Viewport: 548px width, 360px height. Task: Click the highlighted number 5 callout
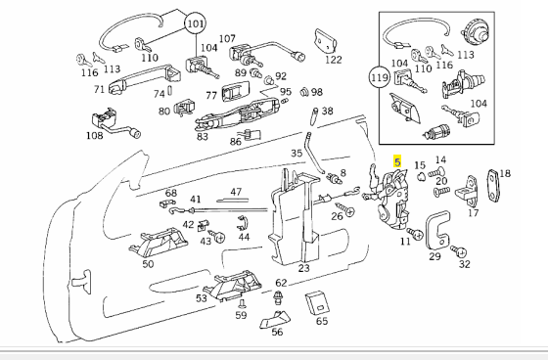point(397,161)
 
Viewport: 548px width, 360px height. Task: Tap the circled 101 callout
point(196,23)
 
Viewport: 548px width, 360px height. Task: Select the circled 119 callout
point(380,77)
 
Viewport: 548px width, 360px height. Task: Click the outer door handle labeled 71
point(145,78)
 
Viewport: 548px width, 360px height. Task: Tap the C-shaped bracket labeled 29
point(436,230)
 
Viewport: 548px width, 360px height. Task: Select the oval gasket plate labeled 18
point(494,186)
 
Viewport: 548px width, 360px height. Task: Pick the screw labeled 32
point(460,251)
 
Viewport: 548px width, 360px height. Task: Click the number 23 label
point(304,268)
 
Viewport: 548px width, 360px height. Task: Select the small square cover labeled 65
point(318,302)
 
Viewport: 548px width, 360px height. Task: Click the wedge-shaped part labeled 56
point(276,319)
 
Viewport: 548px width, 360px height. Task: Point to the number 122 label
point(333,60)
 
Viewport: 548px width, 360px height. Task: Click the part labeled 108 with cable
point(114,121)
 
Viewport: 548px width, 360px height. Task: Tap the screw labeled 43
point(217,236)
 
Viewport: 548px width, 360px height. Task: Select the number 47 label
point(236,192)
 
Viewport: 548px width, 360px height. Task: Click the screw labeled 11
point(415,233)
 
